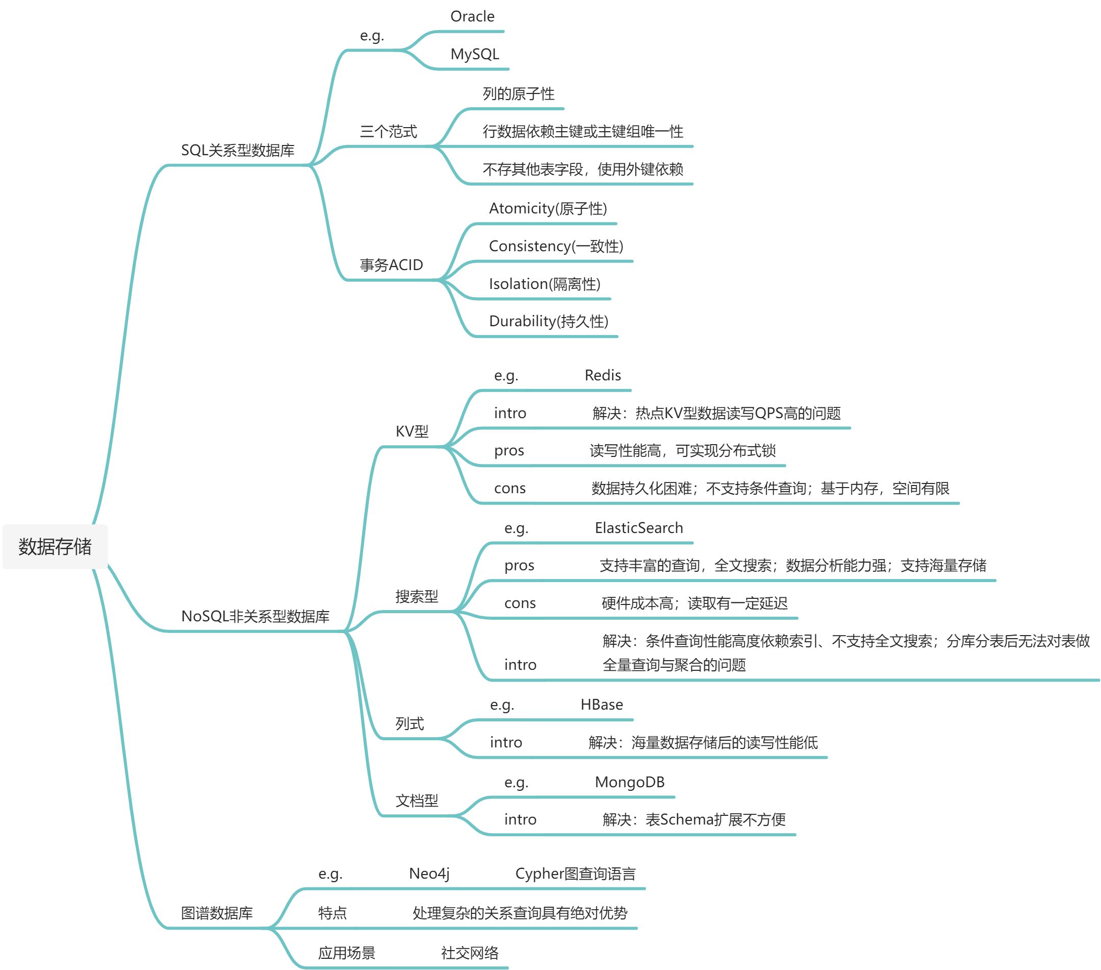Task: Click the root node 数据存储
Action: pos(55,546)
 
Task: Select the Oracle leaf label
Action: pos(472,17)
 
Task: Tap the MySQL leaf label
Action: pos(474,55)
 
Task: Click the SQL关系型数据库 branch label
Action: pos(238,150)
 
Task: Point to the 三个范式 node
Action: pos(388,132)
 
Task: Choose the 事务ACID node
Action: pos(391,265)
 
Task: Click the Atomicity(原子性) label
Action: pos(547,208)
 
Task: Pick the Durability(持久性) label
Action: pos(548,322)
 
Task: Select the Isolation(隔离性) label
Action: pos(544,284)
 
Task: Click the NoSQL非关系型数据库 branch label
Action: pos(255,616)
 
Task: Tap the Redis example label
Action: pos(602,376)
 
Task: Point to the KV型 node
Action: pos(412,432)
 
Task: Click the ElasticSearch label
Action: pos(638,528)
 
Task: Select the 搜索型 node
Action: pos(416,596)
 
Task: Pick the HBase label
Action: pos(601,705)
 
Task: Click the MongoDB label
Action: pos(629,783)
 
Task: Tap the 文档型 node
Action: pos(416,802)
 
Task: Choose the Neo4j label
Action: pos(429,874)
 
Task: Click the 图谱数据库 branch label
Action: pos(216,913)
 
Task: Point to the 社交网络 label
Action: pos(469,953)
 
